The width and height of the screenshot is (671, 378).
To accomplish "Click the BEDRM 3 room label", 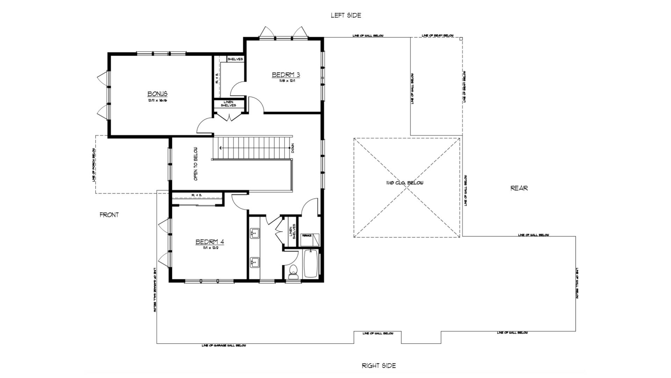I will (x=286, y=75).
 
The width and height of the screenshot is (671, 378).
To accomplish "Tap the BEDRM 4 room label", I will (x=209, y=242).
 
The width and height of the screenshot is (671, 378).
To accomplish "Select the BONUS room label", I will (x=157, y=94).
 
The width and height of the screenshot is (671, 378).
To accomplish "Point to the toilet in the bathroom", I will (x=293, y=272).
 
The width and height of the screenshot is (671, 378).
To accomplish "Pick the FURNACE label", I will (x=307, y=236).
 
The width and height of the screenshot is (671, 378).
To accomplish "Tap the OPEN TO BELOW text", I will (x=196, y=163).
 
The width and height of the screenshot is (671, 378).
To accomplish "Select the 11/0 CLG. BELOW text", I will (x=405, y=183).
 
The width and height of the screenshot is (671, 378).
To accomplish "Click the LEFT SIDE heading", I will (x=346, y=15).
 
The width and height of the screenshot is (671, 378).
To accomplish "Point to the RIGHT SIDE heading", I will (x=378, y=366).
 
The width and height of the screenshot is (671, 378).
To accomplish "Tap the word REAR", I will (x=519, y=188).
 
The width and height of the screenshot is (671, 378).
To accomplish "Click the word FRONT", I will (x=109, y=215).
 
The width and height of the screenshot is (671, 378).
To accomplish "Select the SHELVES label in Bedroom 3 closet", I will (x=235, y=59).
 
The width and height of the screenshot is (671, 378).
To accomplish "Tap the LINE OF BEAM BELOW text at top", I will (x=438, y=36).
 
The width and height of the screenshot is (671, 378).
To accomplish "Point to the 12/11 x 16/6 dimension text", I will (x=157, y=100).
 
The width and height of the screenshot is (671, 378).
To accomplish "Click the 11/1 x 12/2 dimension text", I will (x=209, y=248).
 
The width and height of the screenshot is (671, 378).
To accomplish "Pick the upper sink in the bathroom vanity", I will (x=254, y=232).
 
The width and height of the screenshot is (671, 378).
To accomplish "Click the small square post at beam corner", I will (x=461, y=39).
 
